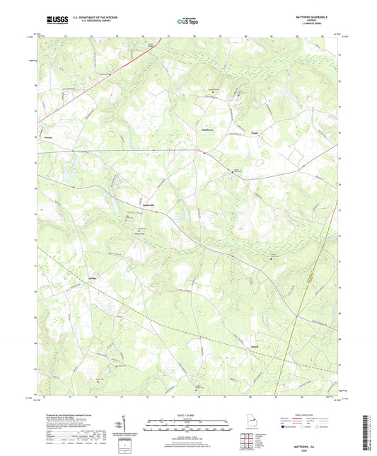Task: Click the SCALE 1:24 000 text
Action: pos(188,415)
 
